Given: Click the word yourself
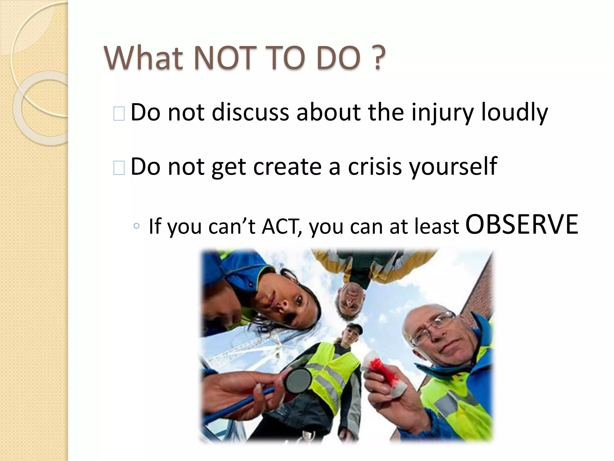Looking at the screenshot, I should click(x=453, y=167).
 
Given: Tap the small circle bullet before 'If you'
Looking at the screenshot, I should click(x=136, y=226).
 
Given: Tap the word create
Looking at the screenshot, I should click(x=287, y=167).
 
